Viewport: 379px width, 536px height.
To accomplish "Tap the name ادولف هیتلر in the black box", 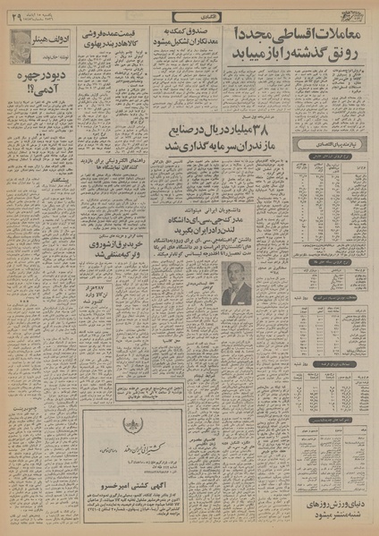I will [55, 36].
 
